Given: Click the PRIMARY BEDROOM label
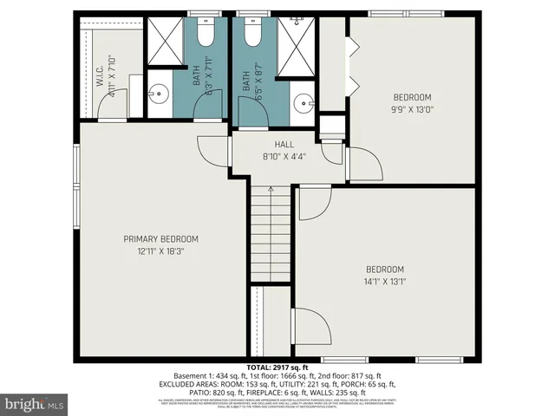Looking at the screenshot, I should (x=160, y=239).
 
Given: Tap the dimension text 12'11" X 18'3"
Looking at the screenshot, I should (x=160, y=250).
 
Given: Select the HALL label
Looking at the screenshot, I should (x=284, y=145).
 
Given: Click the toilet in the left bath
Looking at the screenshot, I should (x=205, y=34).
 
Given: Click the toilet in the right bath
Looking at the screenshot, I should (x=252, y=34).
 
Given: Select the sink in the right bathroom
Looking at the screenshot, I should (x=303, y=101).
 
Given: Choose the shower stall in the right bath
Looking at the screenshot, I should (x=296, y=42).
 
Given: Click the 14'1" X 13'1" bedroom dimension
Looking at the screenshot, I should (x=384, y=281).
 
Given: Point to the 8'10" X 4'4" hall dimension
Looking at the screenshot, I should (x=284, y=157).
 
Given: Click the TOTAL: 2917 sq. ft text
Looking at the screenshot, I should (x=277, y=367).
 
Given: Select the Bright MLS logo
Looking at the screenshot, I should (x=35, y=404).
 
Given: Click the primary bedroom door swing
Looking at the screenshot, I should (x=212, y=153).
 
